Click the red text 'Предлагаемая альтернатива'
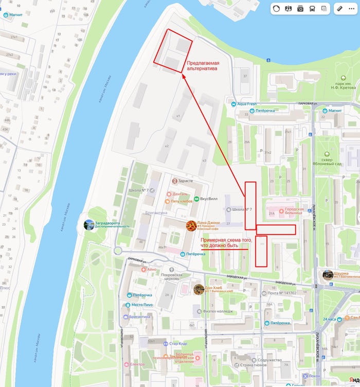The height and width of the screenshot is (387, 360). [203, 65]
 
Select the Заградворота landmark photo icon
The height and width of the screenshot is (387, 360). [89, 224]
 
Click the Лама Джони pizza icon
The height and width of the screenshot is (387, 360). [191, 225]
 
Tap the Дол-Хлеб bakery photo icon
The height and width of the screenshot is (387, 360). [199, 289]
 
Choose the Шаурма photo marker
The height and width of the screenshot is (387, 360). [328, 275]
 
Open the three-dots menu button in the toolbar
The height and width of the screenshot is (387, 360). [351, 9]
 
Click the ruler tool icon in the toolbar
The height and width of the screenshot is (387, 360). [339, 9]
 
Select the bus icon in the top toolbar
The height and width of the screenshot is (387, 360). [312, 9]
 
